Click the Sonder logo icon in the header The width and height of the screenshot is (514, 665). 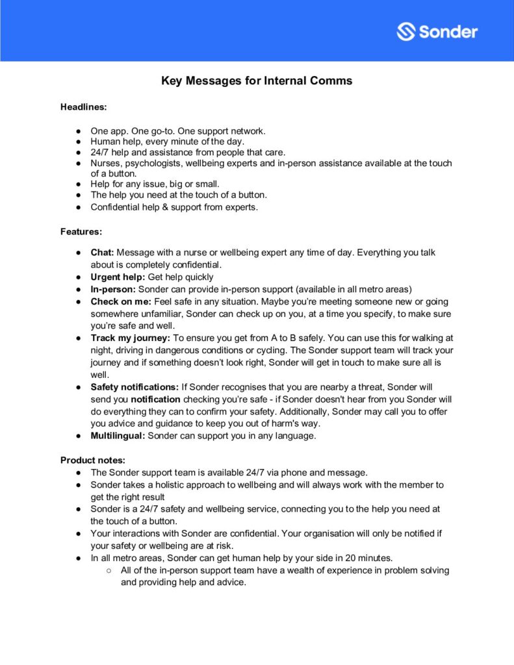tap(406, 31)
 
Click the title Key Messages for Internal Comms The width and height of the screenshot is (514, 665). tap(257, 81)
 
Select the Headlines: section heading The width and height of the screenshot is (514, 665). tap(84, 106)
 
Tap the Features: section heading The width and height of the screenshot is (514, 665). tap(81, 231)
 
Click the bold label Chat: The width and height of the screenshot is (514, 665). tap(102, 252)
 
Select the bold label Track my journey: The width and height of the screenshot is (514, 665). tap(130, 338)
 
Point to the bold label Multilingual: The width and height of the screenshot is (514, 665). tap(118, 436)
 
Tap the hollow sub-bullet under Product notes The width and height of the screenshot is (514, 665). tap(110, 570)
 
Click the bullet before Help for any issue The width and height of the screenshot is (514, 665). tap(77, 184)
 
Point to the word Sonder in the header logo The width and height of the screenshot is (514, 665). tap(448, 31)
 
